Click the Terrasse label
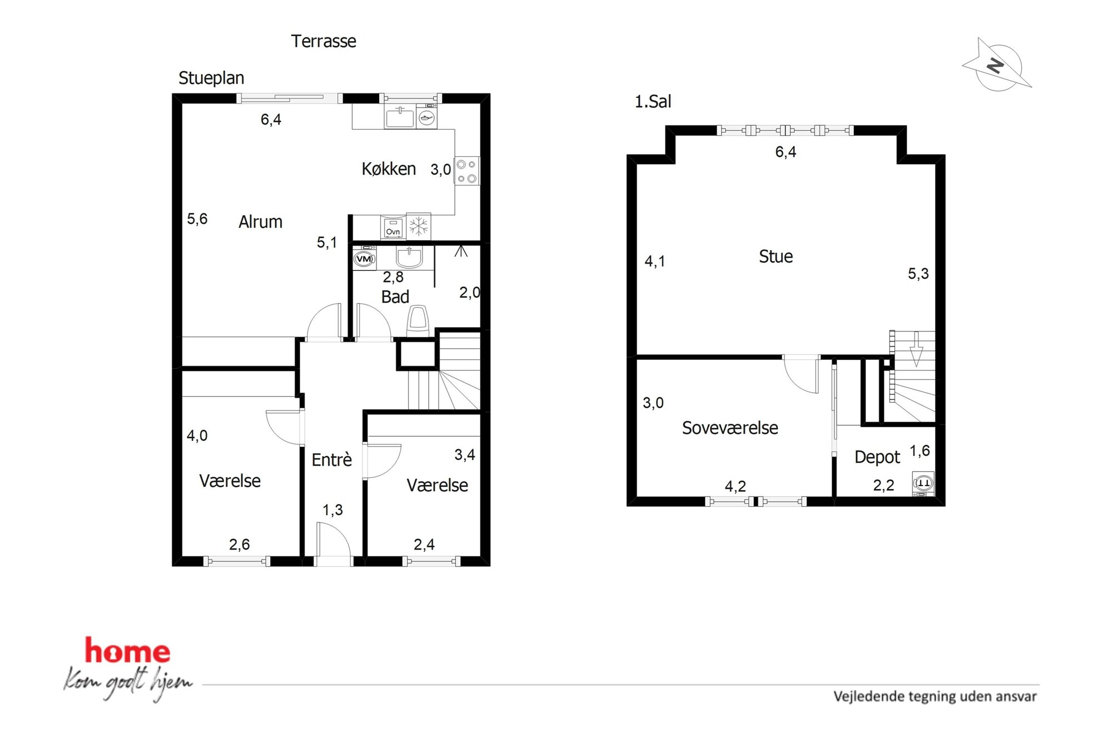pyautogui.click(x=324, y=41)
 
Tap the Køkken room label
pyautogui.click(x=389, y=169)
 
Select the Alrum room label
pyautogui.click(x=260, y=221)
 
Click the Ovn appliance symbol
pyautogui.click(x=392, y=228)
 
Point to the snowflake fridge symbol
pyautogui.click(x=419, y=226)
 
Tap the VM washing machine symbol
pyautogui.click(x=364, y=258)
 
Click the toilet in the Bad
pyautogui.click(x=418, y=320)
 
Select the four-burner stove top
pyautogui.click(x=467, y=171)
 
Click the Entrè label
pyautogui.click(x=332, y=460)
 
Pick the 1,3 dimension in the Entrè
pyautogui.click(x=332, y=510)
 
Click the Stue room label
pyautogui.click(x=776, y=256)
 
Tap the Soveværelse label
pyautogui.click(x=730, y=428)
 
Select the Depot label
pyautogui.click(x=877, y=457)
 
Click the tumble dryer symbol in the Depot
pyautogui.click(x=923, y=483)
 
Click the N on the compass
pyautogui.click(x=996, y=66)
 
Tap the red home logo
pyautogui.click(x=127, y=651)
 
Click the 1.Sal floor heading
pyautogui.click(x=653, y=102)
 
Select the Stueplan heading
pyautogui.click(x=211, y=78)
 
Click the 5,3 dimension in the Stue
pyautogui.click(x=918, y=274)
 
